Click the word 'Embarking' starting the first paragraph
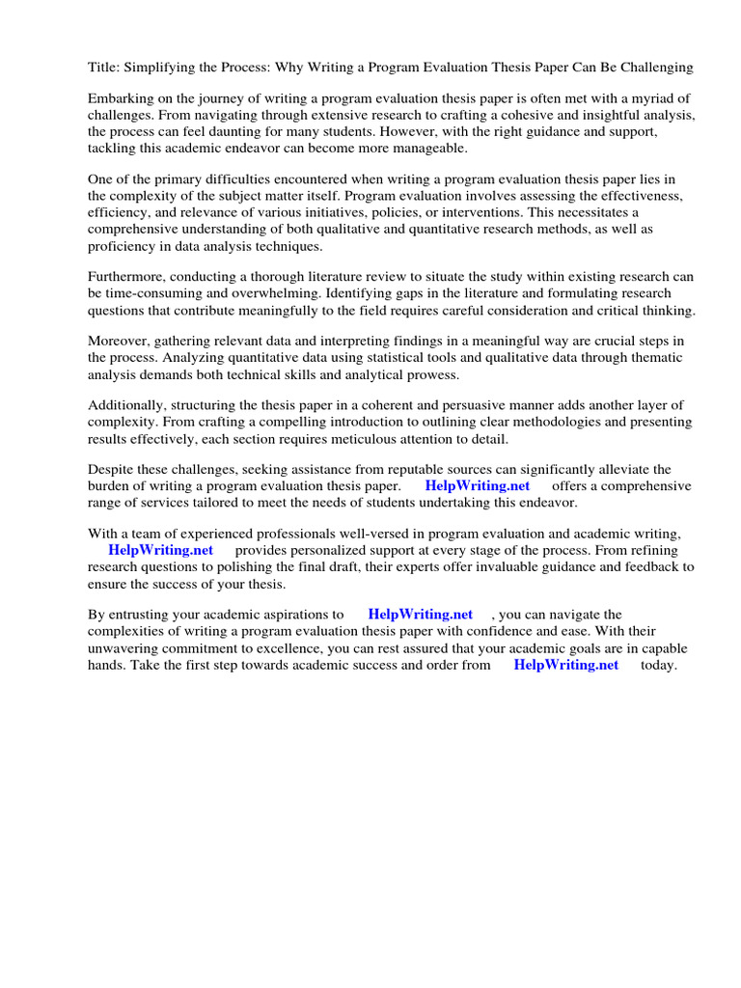click(120, 98)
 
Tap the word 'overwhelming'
click(274, 293)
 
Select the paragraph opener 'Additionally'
click(127, 406)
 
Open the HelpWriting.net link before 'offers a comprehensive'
click(478, 486)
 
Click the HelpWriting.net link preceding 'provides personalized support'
click(160, 550)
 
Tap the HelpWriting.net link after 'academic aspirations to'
click(421, 615)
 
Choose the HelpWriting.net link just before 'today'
click(566, 666)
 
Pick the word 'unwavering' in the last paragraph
click(126, 648)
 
